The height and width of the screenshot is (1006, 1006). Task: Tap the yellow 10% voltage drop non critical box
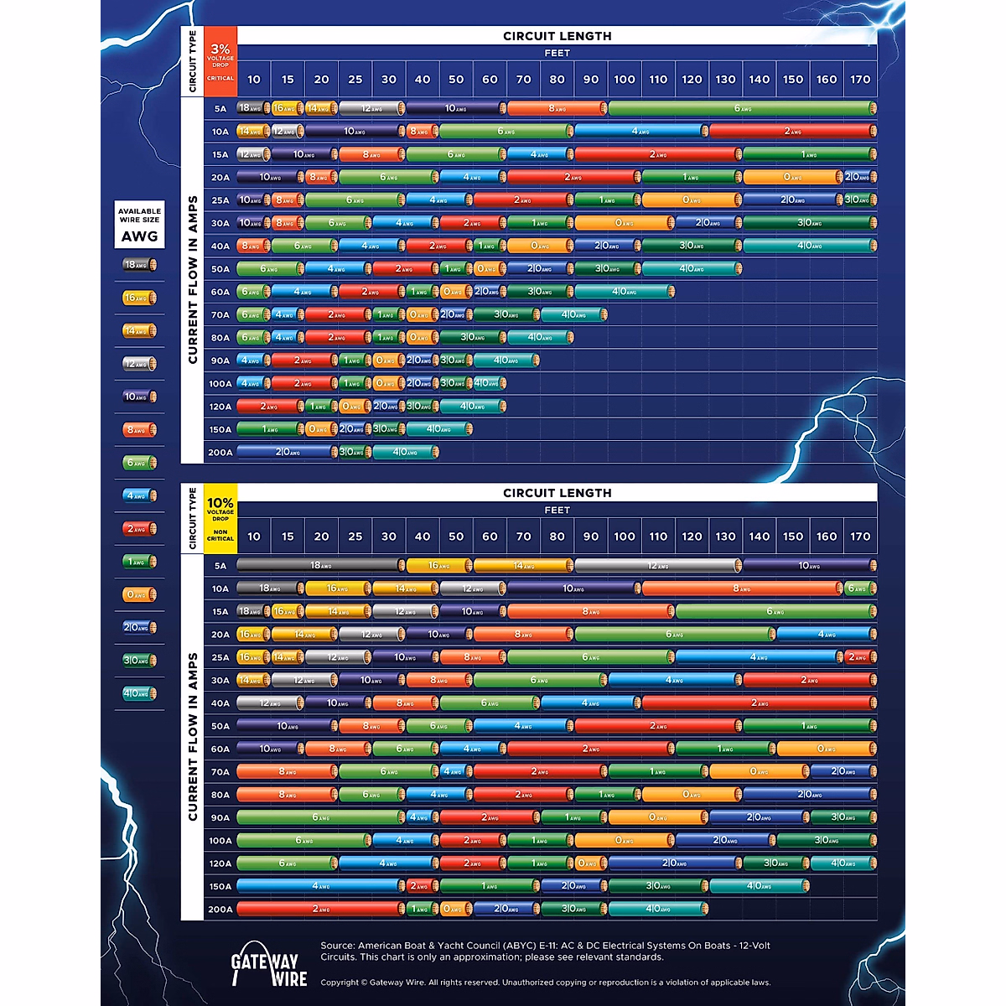220,519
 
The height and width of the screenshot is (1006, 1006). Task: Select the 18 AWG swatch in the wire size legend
139,265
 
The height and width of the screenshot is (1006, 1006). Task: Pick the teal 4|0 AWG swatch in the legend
139,693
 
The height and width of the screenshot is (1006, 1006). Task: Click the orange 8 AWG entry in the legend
139,430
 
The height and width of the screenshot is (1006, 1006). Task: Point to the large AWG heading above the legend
139,236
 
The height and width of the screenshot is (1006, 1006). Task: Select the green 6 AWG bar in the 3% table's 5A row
742,108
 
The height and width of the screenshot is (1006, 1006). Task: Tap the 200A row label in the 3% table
220,452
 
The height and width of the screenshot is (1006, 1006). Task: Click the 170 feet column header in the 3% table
860,80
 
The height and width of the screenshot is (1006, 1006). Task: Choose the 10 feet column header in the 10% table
254,537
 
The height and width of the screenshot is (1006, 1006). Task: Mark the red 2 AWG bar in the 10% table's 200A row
320,909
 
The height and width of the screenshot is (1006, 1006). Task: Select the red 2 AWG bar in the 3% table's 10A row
792,132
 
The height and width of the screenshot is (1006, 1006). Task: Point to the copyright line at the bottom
545,983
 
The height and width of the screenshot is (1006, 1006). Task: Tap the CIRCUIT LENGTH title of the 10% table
557,493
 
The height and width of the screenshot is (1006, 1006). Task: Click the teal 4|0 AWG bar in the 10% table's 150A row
759,886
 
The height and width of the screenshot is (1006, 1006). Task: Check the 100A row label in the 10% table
220,841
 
